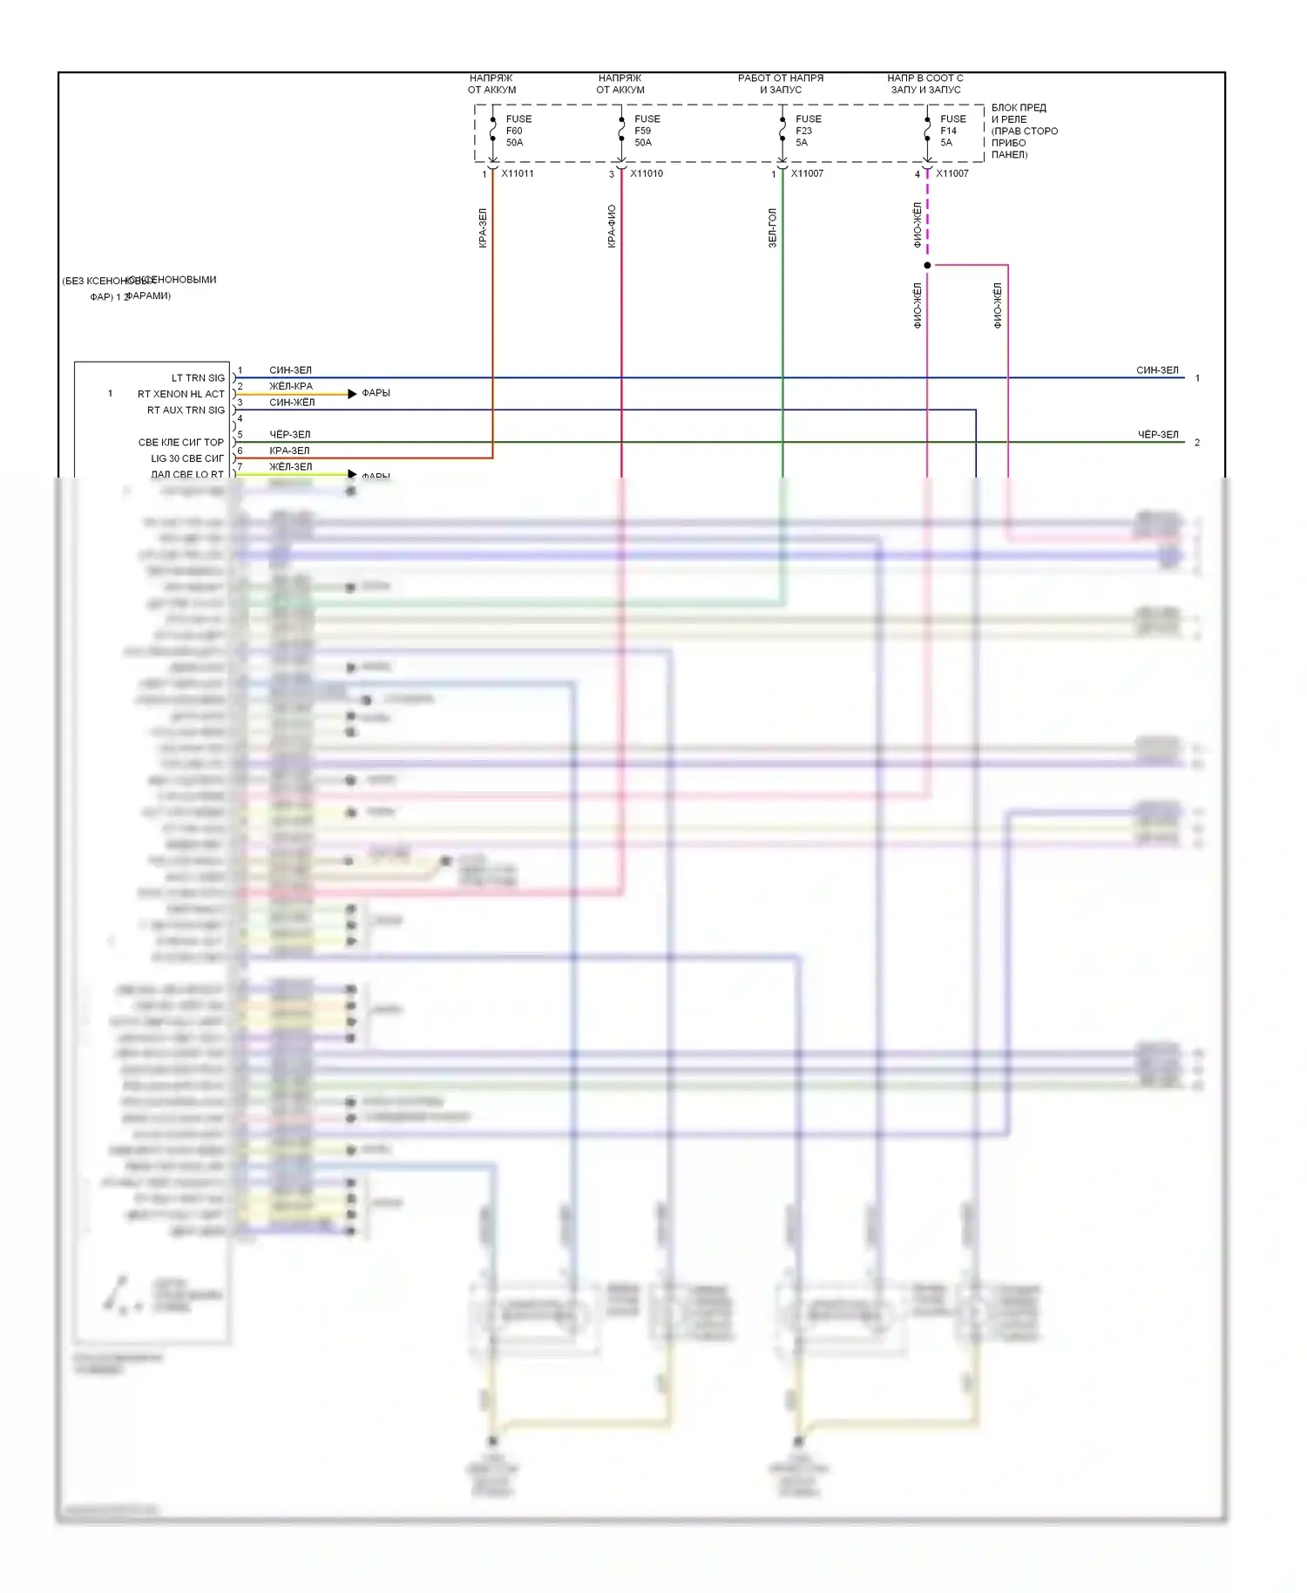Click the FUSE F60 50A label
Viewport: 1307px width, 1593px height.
tap(518, 131)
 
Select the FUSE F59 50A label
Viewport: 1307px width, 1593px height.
tap(647, 131)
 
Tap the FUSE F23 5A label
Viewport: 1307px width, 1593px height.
tap(808, 131)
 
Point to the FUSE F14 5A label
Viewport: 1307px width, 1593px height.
tap(952, 131)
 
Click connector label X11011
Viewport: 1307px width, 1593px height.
tap(518, 173)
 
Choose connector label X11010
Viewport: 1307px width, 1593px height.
tap(647, 173)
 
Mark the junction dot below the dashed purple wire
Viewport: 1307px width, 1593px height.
tap(927, 265)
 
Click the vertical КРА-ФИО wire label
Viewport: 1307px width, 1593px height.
tap(612, 227)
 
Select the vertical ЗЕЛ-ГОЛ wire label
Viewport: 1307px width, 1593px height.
tap(772, 227)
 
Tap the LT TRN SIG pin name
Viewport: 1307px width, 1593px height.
tap(198, 378)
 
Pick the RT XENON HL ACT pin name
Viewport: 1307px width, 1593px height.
tap(180, 394)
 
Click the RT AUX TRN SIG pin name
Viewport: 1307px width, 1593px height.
tap(186, 410)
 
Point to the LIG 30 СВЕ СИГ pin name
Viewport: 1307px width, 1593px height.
tap(187, 458)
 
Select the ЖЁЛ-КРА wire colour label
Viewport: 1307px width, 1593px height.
tap(290, 386)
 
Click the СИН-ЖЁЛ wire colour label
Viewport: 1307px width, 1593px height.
tap(292, 403)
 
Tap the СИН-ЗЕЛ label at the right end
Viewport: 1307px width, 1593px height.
tap(1157, 370)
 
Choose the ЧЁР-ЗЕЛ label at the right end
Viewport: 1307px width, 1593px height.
tap(1157, 435)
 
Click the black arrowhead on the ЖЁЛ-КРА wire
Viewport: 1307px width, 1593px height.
tap(352, 394)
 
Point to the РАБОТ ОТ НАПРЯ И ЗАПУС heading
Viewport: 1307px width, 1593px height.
tap(781, 84)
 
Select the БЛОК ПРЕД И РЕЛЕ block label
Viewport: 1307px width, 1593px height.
tap(1024, 131)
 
